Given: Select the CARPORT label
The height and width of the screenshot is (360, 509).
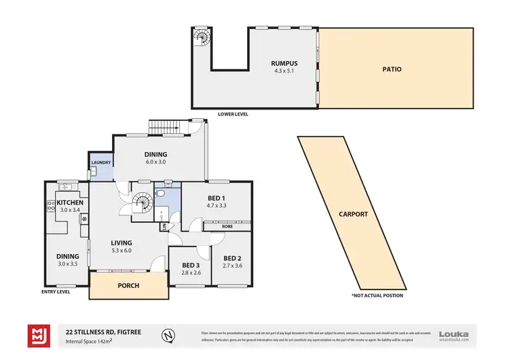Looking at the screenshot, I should click(353, 214).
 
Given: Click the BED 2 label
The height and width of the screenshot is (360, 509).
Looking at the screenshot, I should click(232, 258).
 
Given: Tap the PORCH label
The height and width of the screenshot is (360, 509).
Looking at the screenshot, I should click(128, 285).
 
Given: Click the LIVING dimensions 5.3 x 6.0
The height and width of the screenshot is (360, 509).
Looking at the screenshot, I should click(122, 250).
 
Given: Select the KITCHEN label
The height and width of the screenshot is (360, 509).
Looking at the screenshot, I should click(70, 202).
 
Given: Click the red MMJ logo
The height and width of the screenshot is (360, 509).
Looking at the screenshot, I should click(38, 335).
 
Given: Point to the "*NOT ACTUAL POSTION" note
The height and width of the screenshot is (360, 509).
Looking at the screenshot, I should click(377, 295).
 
